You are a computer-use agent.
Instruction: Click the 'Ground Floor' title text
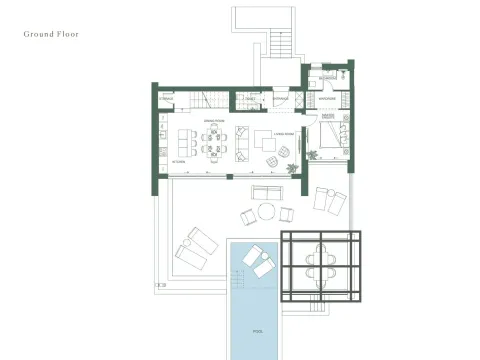[51, 34]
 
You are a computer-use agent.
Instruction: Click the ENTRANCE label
[281, 99]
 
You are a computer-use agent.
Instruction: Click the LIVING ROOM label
[283, 131]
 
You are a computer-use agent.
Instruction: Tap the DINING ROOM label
[214, 121]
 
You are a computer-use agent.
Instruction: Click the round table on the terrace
[267, 211]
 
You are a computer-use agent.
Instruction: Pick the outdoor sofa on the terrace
[266, 192]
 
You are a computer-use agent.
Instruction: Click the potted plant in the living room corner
[284, 151]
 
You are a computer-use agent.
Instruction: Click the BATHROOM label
[327, 78]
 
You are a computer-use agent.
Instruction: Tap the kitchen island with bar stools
[183, 137]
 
